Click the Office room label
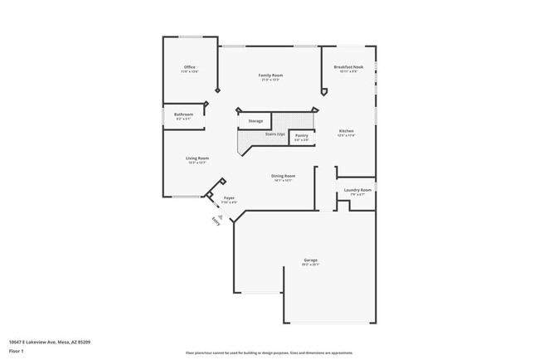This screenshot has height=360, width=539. tap(189, 67)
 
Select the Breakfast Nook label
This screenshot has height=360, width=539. tap(349, 67)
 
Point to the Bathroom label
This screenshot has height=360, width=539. tap(184, 114)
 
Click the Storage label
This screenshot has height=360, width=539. tap(255, 121)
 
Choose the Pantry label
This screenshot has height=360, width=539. tap(302, 135)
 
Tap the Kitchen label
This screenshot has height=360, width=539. tap(347, 131)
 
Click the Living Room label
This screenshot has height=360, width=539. tap(197, 158)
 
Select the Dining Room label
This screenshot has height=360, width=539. tap(284, 176)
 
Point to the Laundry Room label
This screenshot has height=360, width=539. tap(357, 190)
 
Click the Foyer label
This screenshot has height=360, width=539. tap(229, 197)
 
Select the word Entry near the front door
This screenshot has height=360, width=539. tap(216, 221)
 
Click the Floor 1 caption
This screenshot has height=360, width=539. tap(17, 352)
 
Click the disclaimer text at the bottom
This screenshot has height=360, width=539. tap(270, 352)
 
